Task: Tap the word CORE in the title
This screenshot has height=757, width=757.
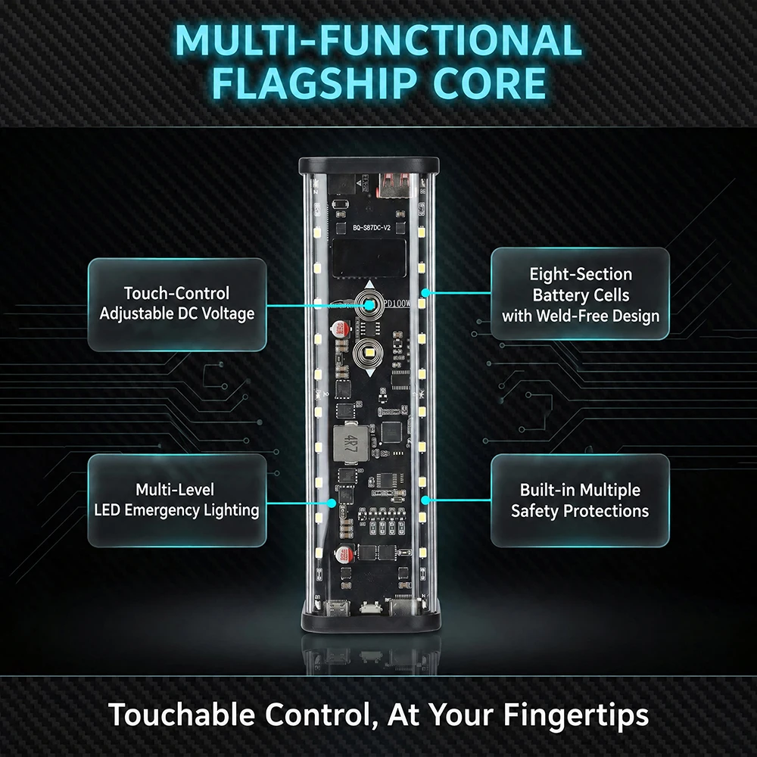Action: pyautogui.click(x=490, y=83)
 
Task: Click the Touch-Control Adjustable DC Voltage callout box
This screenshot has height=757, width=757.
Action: pyautogui.click(x=177, y=304)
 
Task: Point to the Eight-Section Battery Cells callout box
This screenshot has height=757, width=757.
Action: pyautogui.click(x=581, y=294)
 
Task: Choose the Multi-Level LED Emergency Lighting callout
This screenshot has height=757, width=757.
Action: pyautogui.click(x=177, y=500)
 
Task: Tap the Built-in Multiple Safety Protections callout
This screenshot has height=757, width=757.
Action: pyautogui.click(x=581, y=500)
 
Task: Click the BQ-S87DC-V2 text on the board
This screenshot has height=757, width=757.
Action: pyautogui.click(x=371, y=227)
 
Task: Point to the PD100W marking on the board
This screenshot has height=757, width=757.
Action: pyautogui.click(x=397, y=304)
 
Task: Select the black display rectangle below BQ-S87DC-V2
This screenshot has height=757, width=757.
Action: pyautogui.click(x=369, y=258)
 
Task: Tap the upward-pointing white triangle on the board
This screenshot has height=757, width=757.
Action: pyautogui.click(x=370, y=285)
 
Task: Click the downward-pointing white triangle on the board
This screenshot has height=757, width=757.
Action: pyautogui.click(x=370, y=372)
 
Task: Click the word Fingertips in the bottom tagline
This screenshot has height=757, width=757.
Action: pyautogui.click(x=575, y=715)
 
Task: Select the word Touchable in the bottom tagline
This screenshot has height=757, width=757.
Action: pyautogui.click(x=182, y=714)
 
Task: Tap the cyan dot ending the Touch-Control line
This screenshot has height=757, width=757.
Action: pyautogui.click(x=369, y=305)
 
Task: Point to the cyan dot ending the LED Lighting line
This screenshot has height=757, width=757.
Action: pyautogui.click(x=332, y=503)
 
